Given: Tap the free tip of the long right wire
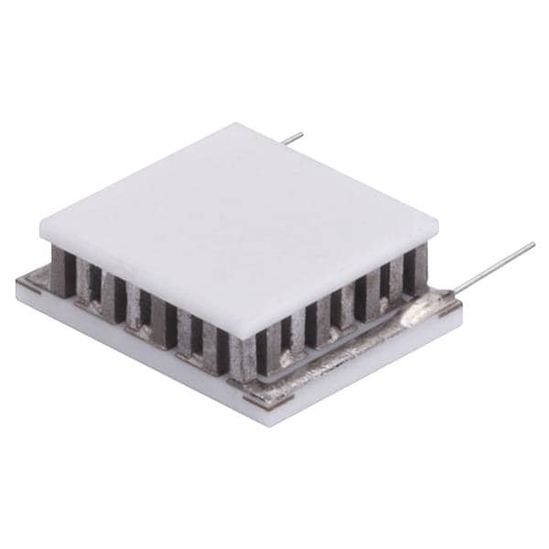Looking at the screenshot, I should click(533, 244).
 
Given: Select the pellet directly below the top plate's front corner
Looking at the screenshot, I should click(240, 361).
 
